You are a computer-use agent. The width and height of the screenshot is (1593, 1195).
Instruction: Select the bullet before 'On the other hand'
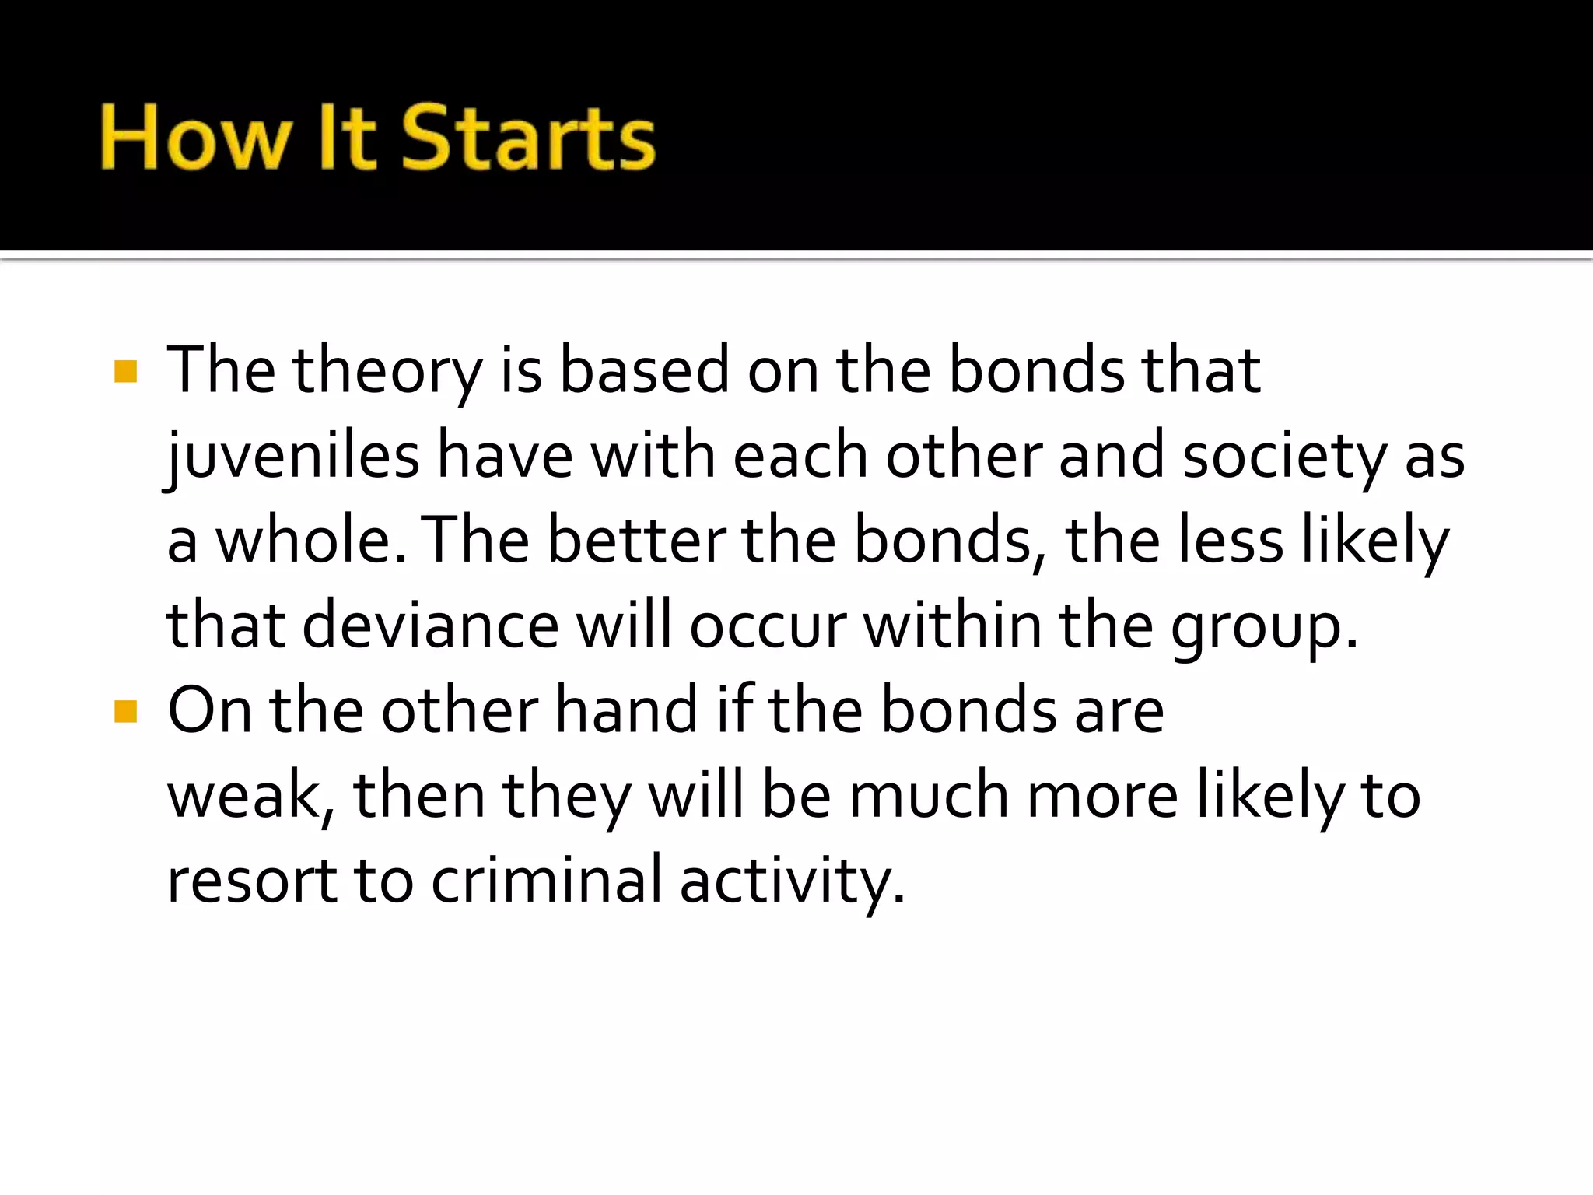[125, 711]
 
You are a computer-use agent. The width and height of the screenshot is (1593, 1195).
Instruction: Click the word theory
[387, 371]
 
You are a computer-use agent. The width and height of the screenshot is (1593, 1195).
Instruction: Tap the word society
[1284, 457]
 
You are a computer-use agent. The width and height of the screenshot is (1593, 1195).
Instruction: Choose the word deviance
[430, 626]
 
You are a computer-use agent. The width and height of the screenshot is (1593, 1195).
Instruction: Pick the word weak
[247, 796]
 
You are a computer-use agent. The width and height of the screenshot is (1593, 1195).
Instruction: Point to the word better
[636, 541]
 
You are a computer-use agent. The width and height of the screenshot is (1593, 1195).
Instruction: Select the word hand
[626, 711]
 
